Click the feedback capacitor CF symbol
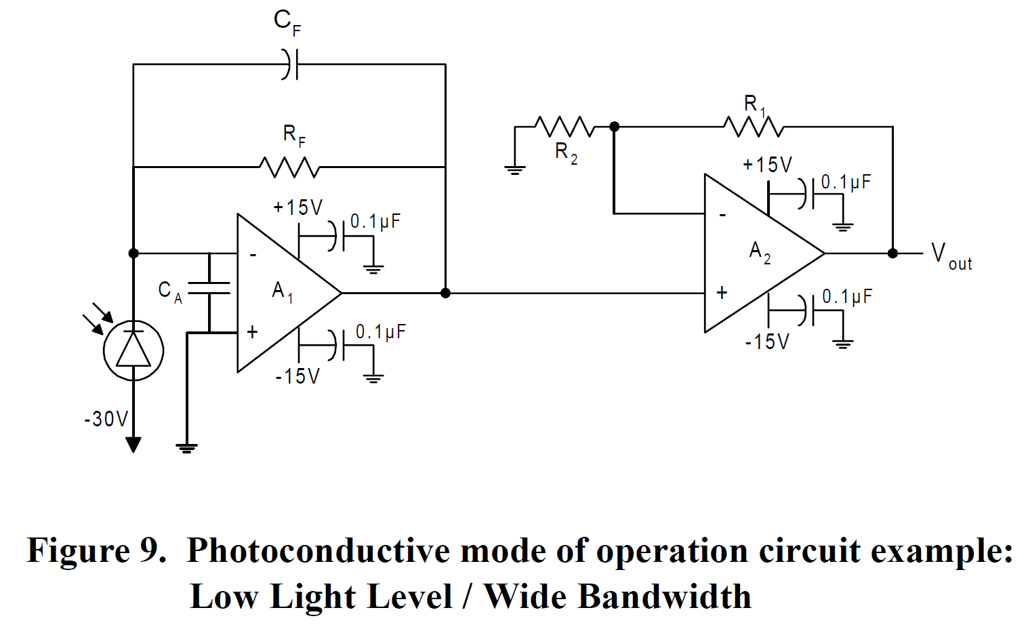290,64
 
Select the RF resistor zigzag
289,167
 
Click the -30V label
106,419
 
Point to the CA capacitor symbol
209,287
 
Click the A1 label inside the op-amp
282,291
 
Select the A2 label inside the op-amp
759,251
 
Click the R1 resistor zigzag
754,127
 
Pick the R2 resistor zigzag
564,127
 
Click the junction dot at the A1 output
445,293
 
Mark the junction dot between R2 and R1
614,127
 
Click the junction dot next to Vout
892,253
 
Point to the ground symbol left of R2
515,169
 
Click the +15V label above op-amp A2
767,165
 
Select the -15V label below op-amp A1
297,376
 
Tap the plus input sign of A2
722,292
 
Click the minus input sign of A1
253,255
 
